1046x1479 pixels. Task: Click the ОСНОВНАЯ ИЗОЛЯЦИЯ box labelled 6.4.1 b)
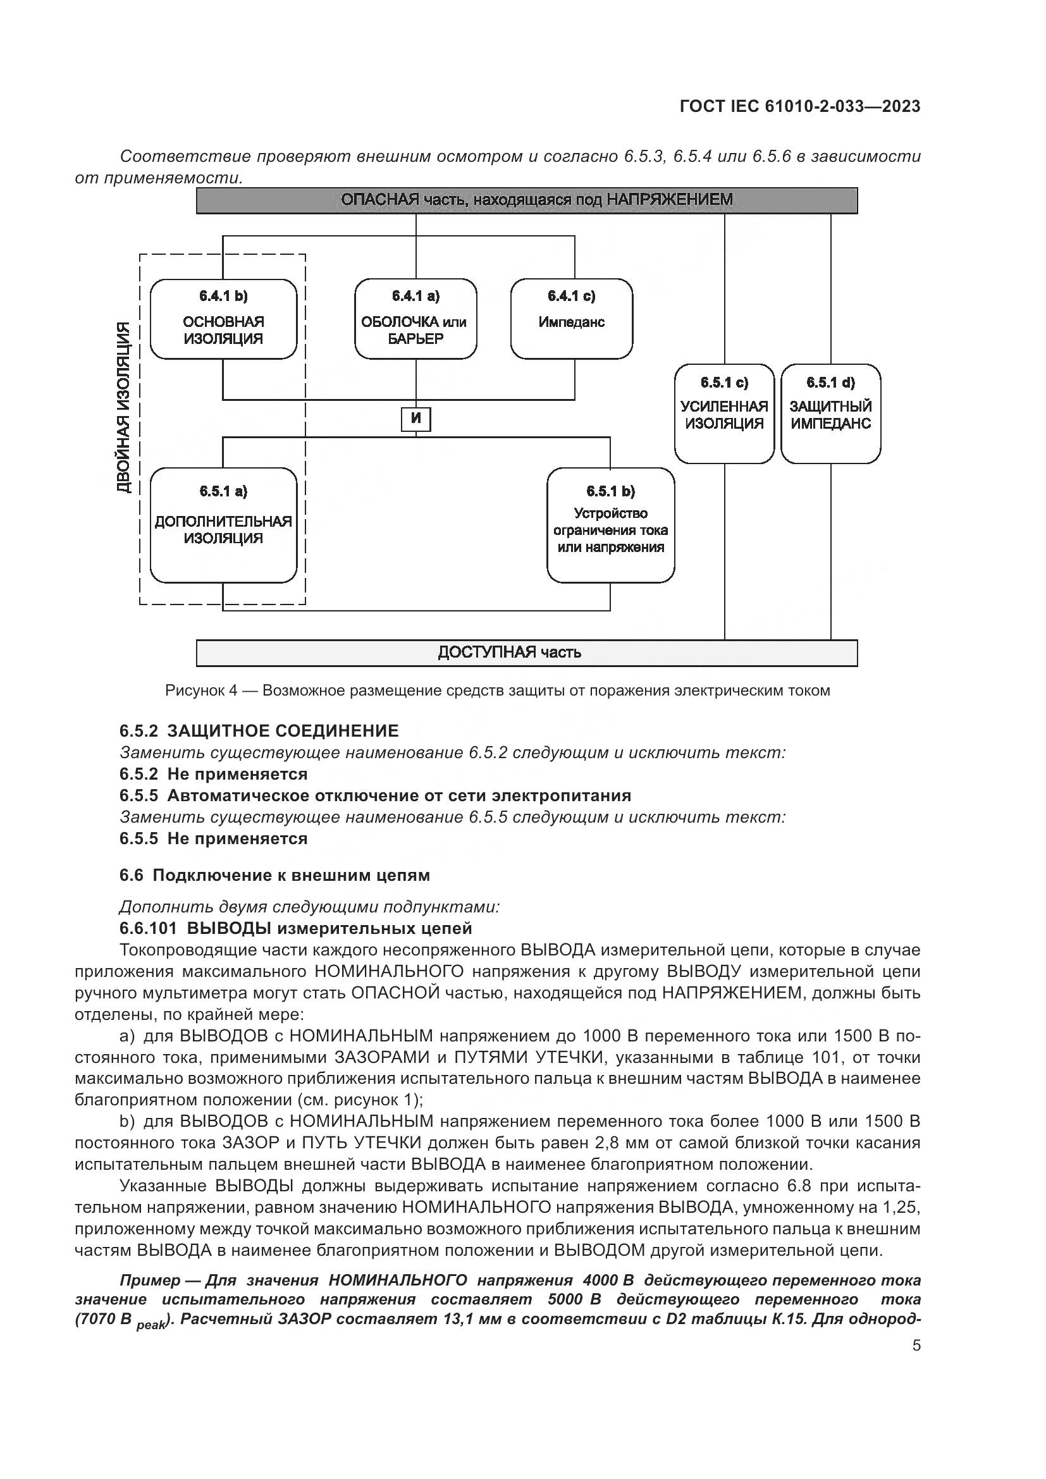click(x=223, y=319)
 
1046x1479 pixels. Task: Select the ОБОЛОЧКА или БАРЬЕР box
click(x=415, y=319)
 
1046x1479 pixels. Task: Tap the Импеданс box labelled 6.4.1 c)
click(x=571, y=319)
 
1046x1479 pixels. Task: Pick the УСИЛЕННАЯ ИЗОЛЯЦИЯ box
click(x=724, y=414)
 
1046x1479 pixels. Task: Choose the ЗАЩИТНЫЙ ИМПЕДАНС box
click(x=830, y=414)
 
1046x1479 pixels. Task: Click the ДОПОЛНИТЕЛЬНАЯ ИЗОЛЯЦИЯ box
click(x=223, y=525)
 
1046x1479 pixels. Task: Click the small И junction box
click(x=415, y=419)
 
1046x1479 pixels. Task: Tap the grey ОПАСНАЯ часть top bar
click(x=526, y=200)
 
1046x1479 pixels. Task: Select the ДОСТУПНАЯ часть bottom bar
click(x=526, y=653)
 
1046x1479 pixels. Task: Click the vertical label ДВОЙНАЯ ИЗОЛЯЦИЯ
click(x=125, y=408)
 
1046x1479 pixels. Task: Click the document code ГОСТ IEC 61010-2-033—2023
click(x=799, y=107)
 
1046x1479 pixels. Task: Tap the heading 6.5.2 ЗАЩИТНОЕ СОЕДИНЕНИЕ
click(x=259, y=730)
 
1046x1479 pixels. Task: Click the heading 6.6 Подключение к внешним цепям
click(x=274, y=875)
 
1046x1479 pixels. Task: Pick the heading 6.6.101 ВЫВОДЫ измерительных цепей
click(x=295, y=928)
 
